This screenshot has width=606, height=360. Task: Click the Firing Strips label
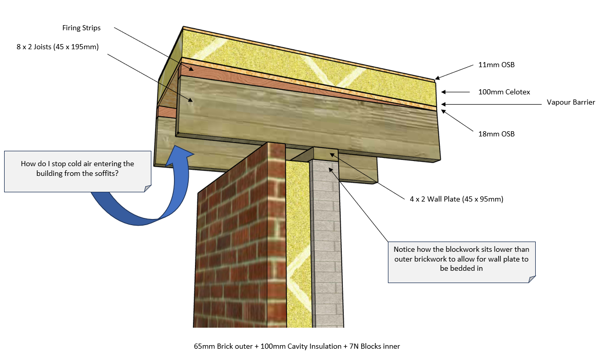(82, 28)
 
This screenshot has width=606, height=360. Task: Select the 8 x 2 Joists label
(57, 47)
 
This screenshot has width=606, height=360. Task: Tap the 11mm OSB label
(497, 65)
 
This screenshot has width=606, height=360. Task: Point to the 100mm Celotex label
(504, 92)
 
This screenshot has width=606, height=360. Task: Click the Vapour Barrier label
(571, 102)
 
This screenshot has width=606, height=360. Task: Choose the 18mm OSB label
(497, 134)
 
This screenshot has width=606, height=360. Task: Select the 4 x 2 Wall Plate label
(457, 199)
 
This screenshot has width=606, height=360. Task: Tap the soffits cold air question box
(77, 171)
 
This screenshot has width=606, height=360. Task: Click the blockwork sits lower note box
(461, 262)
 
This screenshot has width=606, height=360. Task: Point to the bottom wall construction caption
(297, 346)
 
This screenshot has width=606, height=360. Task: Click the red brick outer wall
(240, 239)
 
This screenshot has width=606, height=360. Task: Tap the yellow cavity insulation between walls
(298, 244)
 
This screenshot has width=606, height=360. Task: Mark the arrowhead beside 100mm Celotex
(444, 92)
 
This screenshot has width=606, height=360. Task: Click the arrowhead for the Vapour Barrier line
(444, 104)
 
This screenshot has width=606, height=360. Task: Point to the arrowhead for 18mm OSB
(444, 112)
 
